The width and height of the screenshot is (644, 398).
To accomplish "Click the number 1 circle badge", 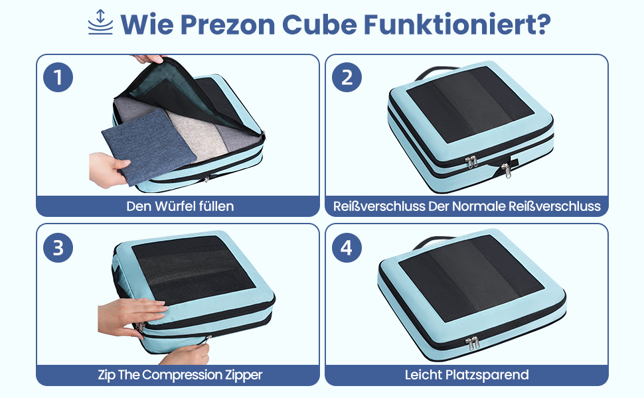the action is point(58,77).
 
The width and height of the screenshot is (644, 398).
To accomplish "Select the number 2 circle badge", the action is point(347,77).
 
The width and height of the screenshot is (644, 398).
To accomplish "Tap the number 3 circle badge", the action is point(58,248).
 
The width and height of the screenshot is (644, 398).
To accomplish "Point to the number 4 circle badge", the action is point(347,248).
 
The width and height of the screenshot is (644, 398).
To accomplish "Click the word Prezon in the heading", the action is point(228,25).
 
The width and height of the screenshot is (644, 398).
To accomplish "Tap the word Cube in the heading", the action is point(319,25).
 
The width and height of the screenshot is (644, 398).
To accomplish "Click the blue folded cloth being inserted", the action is point(149,147).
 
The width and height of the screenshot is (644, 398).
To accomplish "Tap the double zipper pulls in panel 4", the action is point(473,343).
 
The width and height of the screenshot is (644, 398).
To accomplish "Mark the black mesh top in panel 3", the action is point(193,269).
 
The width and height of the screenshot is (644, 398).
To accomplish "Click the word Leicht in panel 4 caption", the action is point(423,375).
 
